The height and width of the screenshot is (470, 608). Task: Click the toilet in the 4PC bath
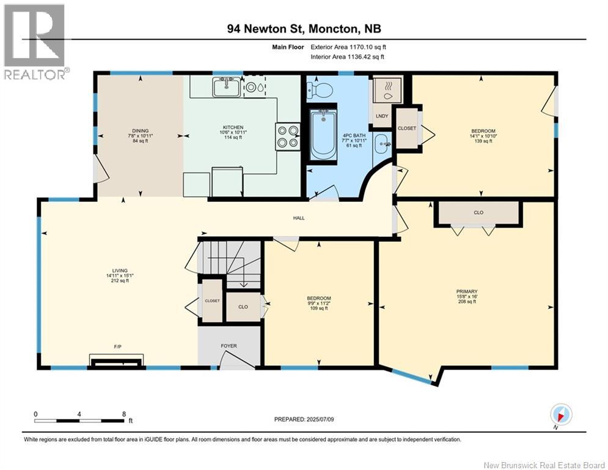(320, 91)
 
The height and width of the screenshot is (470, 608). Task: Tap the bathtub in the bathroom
(323, 134)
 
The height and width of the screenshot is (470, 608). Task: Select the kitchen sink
(227, 87)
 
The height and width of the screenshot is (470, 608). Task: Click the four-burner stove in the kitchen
(288, 136)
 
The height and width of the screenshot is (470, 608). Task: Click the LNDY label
(382, 116)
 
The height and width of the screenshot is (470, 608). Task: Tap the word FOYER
(229, 346)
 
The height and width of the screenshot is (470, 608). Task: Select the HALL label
(299, 218)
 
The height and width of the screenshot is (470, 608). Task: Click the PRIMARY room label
(467, 291)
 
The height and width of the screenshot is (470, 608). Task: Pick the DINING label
(141, 131)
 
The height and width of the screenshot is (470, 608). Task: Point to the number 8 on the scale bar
(124, 414)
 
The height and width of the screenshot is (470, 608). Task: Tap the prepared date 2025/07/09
(320, 419)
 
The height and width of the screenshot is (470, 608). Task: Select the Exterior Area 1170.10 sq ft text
(348, 47)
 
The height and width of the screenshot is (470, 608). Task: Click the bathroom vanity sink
(383, 144)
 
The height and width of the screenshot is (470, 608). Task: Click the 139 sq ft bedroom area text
(483, 141)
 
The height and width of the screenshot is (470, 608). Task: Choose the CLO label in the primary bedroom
(478, 212)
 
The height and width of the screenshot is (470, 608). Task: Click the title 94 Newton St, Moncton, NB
(304, 29)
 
